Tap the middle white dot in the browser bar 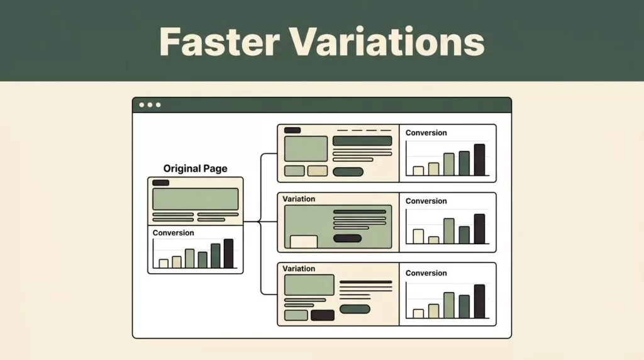coord(150,105)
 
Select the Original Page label coord(195,169)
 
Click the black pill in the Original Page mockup coord(160,183)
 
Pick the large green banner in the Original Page coord(196,200)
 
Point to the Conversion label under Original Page coord(174,233)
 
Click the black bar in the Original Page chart coord(229,254)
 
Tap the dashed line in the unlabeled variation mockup coord(364,130)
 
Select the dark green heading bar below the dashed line coord(362,141)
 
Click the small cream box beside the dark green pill coord(318,171)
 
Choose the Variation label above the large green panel coord(299,199)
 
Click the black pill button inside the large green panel coord(347,238)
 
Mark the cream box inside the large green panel coord(304,242)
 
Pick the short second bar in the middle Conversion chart coord(434,240)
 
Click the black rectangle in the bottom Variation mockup coord(323,315)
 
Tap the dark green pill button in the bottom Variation coord(355,309)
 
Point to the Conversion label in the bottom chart coord(426,273)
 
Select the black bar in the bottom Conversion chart coord(479,301)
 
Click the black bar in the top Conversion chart coord(479,160)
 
